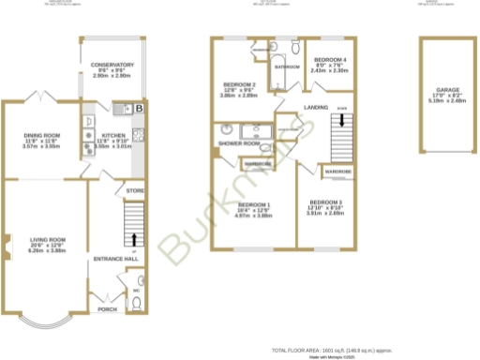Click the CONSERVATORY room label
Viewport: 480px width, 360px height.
click(x=112, y=65)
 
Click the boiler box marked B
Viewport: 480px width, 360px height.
click(x=139, y=110)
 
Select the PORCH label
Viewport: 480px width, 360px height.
click(x=107, y=308)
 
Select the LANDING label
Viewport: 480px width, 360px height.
click(x=317, y=108)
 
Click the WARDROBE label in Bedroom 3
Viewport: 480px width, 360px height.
click(x=337, y=173)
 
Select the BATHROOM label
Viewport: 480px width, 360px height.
click(x=286, y=67)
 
